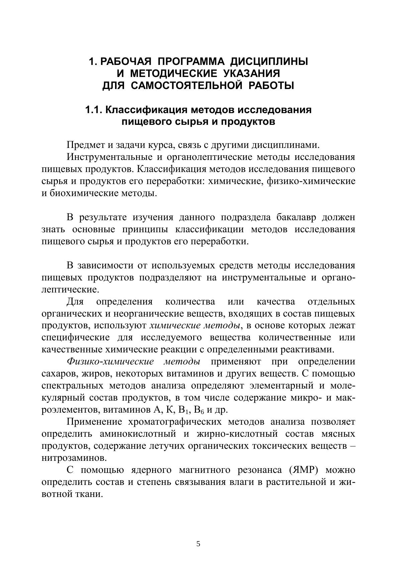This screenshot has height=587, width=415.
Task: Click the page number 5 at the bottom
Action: coord(198,544)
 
